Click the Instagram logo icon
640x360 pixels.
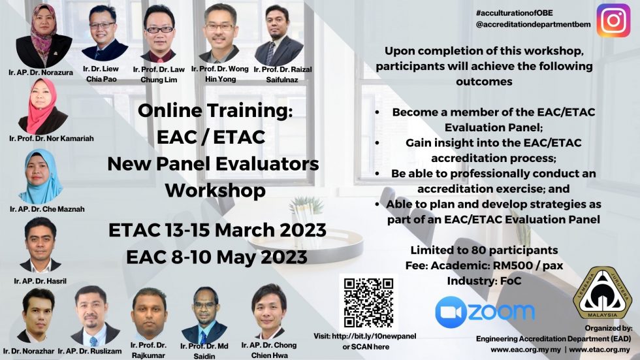click(x=613, y=20)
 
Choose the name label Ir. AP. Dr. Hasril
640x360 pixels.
click(x=42, y=281)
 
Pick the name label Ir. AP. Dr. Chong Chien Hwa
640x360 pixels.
click(x=268, y=350)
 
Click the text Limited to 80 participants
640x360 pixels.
click(x=484, y=250)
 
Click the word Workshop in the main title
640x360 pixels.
click(x=215, y=191)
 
